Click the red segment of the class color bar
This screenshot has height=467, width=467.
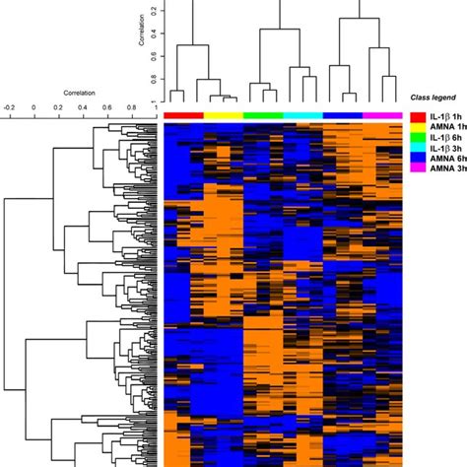tap(183, 115)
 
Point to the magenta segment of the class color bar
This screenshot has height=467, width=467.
tap(382, 115)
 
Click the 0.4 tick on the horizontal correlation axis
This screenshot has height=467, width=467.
tap(83, 105)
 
